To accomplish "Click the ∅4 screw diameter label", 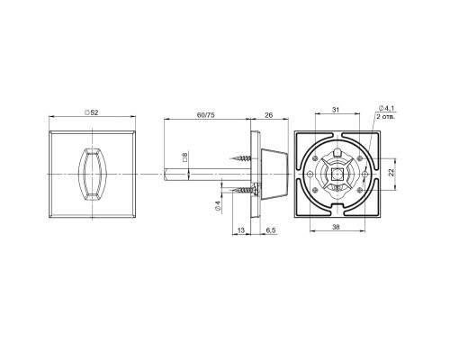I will click(x=218, y=205).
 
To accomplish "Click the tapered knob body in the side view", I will click(x=271, y=171).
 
